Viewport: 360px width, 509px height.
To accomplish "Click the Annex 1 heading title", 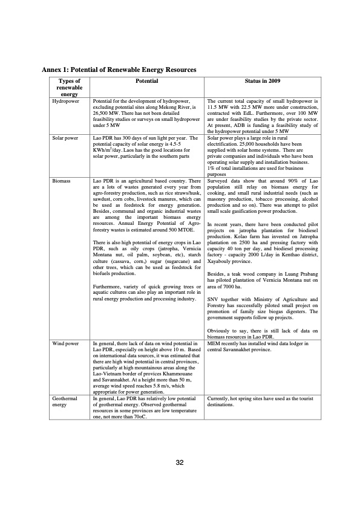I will point(115,70).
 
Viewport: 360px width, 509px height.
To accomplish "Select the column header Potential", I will point(147,81).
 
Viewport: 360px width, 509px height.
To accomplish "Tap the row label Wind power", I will point(65,343).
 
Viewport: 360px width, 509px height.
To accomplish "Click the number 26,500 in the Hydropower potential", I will point(101,113).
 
